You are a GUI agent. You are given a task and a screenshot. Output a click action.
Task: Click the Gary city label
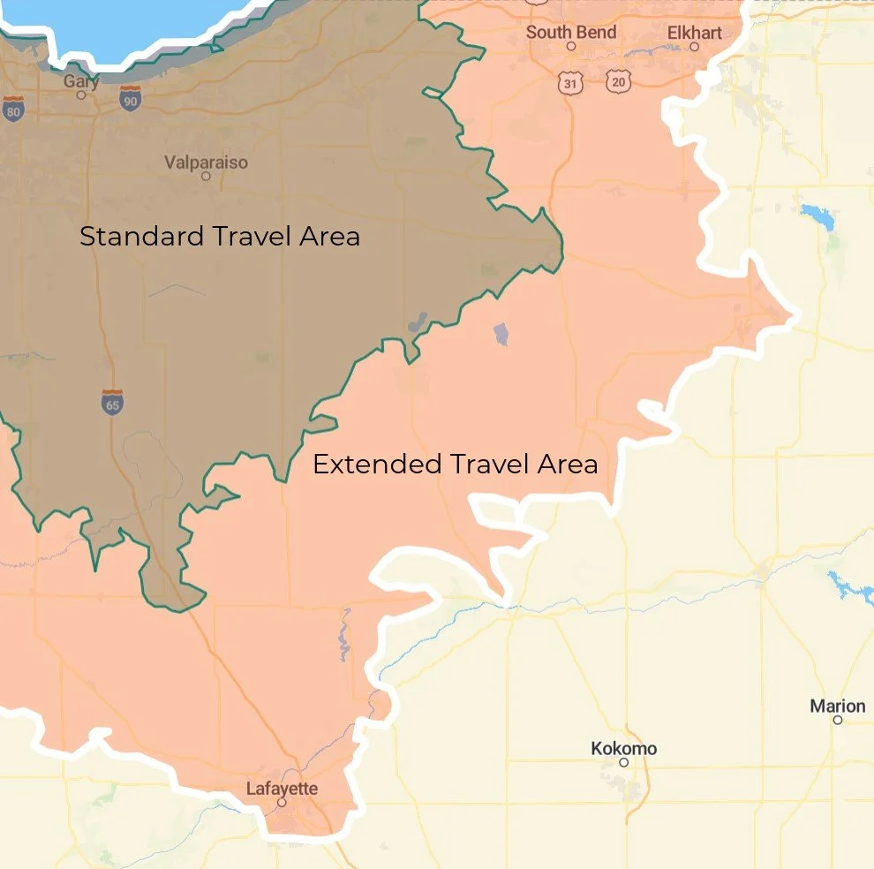tap(81, 81)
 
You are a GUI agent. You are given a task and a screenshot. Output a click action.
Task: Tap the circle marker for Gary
tap(81, 94)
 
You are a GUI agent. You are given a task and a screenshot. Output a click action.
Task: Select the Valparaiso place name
tap(206, 162)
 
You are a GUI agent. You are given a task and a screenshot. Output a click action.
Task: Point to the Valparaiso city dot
tap(206, 176)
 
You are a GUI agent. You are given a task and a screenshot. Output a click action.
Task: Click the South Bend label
tap(570, 33)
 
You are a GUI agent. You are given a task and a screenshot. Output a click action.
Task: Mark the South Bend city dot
tap(571, 46)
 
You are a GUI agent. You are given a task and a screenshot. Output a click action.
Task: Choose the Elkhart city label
tap(694, 33)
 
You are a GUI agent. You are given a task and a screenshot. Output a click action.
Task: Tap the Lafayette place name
tap(282, 789)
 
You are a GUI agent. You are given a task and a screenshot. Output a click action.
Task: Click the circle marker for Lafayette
tap(282, 803)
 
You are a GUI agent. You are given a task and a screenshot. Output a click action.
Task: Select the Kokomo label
tap(623, 749)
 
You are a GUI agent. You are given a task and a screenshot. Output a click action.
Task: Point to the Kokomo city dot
tap(623, 762)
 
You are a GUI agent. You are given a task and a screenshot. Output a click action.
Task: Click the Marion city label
tap(837, 706)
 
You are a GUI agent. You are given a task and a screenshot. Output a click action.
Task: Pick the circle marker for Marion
tap(837, 720)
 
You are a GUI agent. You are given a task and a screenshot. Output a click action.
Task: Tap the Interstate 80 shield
tap(13, 108)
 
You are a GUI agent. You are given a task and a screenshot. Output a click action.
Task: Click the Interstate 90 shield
tap(131, 98)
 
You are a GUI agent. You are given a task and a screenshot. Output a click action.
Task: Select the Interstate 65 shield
tap(112, 402)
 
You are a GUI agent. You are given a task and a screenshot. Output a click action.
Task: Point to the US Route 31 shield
tap(570, 83)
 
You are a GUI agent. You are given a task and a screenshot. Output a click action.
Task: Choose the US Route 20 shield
tap(619, 82)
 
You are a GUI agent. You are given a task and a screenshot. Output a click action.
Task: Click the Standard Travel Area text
tap(220, 237)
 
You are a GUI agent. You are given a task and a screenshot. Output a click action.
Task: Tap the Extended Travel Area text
tap(455, 464)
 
